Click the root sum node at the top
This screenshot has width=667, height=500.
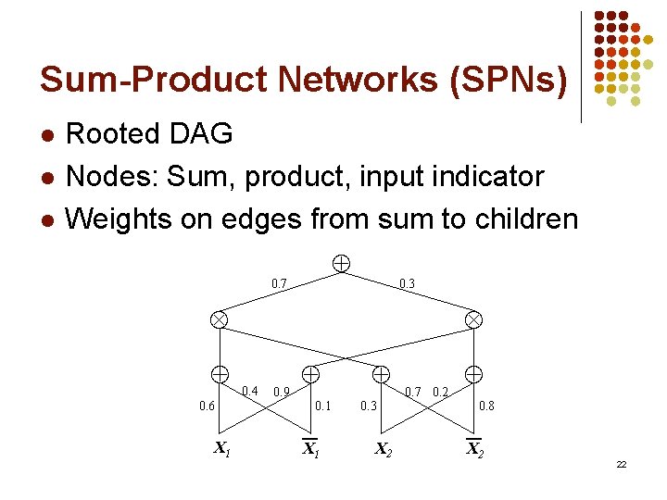coord(341,264)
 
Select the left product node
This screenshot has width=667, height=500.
coord(219,319)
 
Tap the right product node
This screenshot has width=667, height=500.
coord(473,319)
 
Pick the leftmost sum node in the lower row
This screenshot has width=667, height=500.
coord(220,374)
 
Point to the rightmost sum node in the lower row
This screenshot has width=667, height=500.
coord(473,374)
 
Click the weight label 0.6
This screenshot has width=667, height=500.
coord(208,406)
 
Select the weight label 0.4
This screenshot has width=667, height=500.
coord(249,391)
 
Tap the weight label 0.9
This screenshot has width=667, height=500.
coord(283,392)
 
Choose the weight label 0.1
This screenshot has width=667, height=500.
coord(322,406)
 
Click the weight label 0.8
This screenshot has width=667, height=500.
coord(486,406)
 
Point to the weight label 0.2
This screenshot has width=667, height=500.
coord(441,392)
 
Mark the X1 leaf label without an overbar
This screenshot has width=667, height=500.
coord(222,450)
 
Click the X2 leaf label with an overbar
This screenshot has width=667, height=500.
coord(473,450)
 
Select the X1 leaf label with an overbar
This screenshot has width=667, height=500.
coord(310,450)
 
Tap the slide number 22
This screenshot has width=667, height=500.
coord(621,464)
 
